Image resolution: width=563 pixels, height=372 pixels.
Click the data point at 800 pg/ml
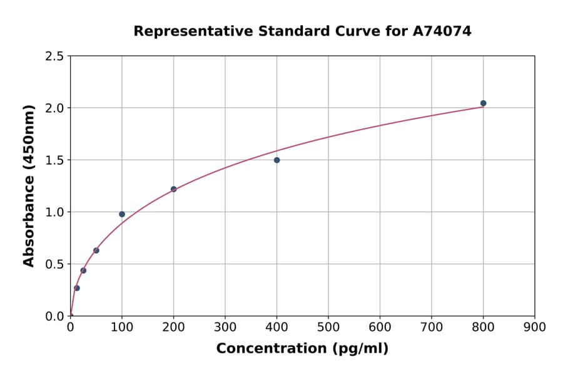coord(483,103)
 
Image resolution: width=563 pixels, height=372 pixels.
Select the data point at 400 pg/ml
coord(276,160)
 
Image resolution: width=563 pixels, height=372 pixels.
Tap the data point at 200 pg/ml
coord(173,189)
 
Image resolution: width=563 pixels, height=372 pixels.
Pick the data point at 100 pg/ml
coord(122,214)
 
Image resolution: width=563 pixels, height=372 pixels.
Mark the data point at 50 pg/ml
coord(96,251)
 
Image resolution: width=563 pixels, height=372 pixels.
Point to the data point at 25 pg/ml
coord(83,271)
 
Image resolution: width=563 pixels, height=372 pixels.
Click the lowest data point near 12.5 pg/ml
coord(77,288)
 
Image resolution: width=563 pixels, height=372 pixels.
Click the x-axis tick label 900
coord(535,327)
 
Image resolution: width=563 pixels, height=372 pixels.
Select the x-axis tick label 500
coord(328,327)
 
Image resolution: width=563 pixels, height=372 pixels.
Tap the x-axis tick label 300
coord(225,327)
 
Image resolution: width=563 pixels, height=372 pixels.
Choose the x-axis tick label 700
coord(432,327)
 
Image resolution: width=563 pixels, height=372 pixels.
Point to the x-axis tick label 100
coord(122,327)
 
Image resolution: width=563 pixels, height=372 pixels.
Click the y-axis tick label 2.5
coord(54,56)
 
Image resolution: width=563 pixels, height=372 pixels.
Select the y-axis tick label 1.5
coord(54,160)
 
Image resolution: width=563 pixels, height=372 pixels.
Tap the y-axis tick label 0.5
coord(54,264)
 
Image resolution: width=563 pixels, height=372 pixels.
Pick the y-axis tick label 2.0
coord(54,108)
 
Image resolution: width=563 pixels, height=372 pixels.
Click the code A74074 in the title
coord(442,31)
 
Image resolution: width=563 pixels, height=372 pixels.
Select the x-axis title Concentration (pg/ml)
coord(302,349)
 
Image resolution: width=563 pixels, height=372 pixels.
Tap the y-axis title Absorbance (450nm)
coord(29,186)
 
